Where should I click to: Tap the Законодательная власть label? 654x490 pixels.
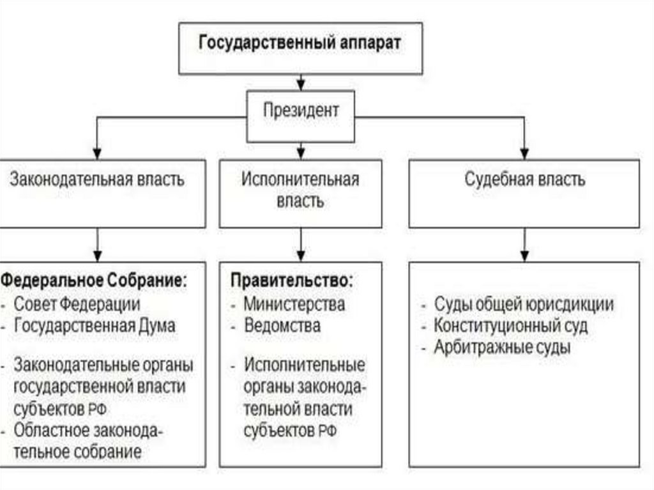(x=97, y=180)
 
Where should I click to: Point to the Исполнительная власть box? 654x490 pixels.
(x=300, y=190)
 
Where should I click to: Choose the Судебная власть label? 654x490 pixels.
(x=524, y=180)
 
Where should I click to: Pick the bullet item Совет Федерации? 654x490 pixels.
(x=77, y=303)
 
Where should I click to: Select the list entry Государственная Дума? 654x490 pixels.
(x=95, y=325)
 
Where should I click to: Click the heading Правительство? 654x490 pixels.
(x=291, y=280)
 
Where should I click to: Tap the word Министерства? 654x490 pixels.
(x=294, y=303)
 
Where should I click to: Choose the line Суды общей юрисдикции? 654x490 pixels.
(x=524, y=305)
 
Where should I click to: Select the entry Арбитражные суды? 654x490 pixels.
(x=502, y=348)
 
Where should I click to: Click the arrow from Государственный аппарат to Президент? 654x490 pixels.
(x=301, y=81)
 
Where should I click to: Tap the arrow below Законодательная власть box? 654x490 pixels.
(x=97, y=244)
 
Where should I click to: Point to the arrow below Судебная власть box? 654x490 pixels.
(x=524, y=244)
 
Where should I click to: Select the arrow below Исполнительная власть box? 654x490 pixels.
(x=301, y=244)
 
